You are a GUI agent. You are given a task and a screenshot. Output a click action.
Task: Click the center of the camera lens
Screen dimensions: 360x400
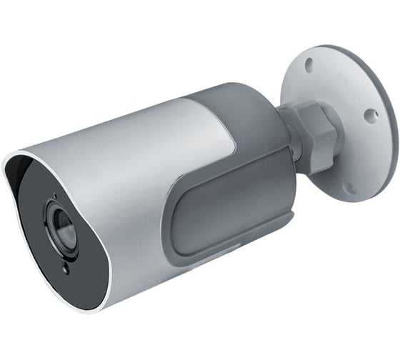point(61,227)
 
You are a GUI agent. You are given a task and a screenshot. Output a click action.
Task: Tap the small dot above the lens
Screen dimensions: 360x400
point(54,195)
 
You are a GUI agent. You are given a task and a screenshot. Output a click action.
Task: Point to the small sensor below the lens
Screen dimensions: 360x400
point(66,269)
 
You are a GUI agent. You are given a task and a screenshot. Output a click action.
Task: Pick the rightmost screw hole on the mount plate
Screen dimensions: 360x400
point(369,114)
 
